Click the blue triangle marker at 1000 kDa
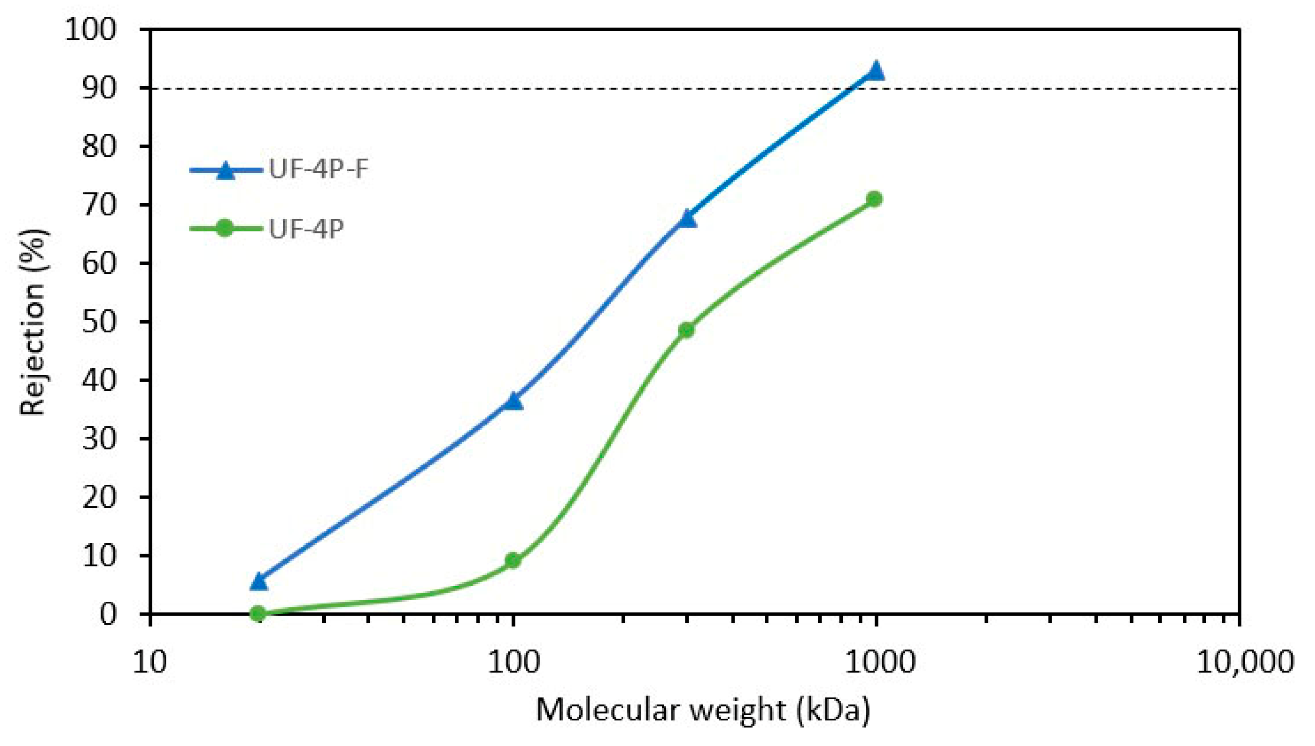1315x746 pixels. coord(875,71)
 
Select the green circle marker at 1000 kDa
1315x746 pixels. coord(875,199)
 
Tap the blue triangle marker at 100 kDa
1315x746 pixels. coord(513,401)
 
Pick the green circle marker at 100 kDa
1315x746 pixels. coord(513,561)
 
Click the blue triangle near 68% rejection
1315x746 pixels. coord(687,219)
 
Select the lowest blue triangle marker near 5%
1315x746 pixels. coord(258,581)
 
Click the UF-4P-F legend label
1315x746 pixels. coord(319,169)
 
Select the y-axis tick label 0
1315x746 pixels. coord(108,614)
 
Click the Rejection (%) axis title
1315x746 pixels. coord(33,321)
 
